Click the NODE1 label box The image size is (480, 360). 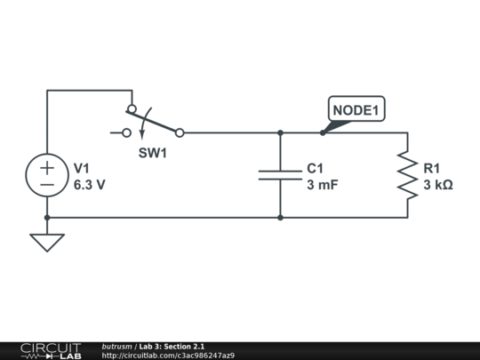[x=356, y=110]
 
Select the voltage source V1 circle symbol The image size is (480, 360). [x=47, y=175]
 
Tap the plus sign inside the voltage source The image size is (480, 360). [x=47, y=166]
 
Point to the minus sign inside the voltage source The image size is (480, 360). [x=47, y=185]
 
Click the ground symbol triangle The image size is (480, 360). [x=47, y=242]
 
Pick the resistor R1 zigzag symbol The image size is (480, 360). [x=407, y=175]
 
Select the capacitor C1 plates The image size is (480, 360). [x=280, y=175]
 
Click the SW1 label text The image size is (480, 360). [x=153, y=153]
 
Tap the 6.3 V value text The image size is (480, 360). [x=90, y=186]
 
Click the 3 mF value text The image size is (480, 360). [x=323, y=186]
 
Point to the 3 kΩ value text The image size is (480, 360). [x=438, y=186]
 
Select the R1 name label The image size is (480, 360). [x=432, y=168]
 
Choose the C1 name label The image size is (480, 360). [x=316, y=168]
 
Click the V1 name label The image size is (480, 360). [x=82, y=168]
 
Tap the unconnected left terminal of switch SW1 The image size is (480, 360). [x=126, y=133]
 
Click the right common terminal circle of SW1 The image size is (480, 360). [x=180, y=133]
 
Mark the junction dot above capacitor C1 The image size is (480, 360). [x=280, y=133]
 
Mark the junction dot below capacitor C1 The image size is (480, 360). [x=280, y=217]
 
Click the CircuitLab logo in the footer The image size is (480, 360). [x=51, y=350]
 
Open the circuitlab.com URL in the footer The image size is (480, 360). [x=168, y=356]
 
